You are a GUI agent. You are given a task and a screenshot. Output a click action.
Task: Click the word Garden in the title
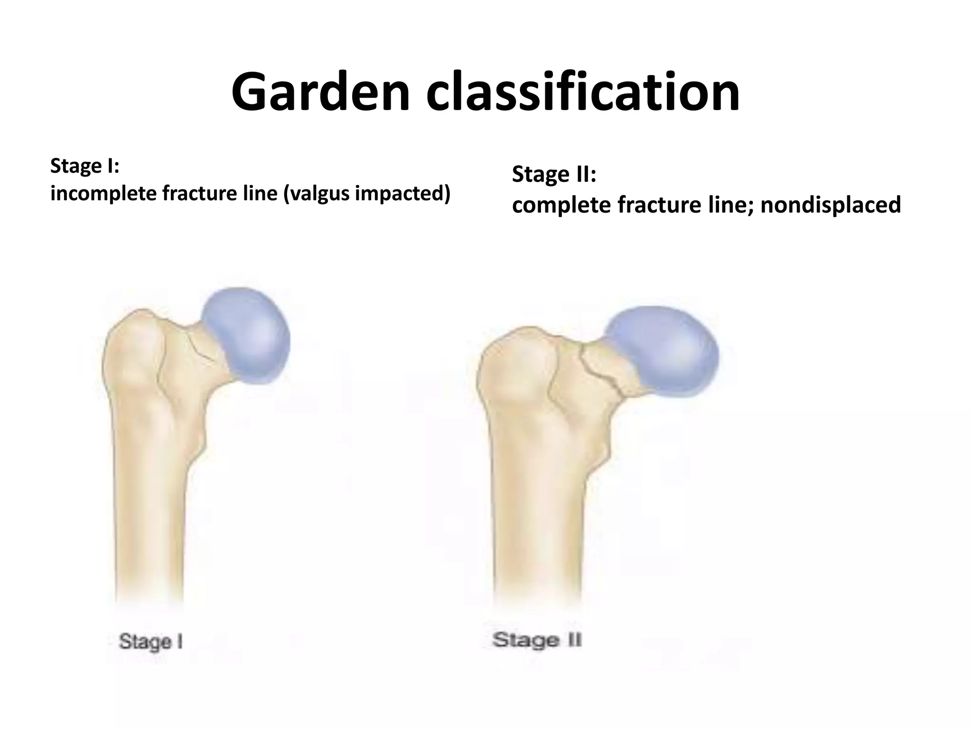pyautogui.click(x=320, y=93)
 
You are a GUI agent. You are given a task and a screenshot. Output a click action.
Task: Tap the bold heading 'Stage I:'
pyautogui.click(x=84, y=166)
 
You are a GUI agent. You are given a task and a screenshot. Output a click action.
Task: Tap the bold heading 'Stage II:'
pyautogui.click(x=554, y=175)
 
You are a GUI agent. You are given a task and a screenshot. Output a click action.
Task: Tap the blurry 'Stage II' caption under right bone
pyautogui.click(x=537, y=640)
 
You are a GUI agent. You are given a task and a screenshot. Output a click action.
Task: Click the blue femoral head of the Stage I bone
pyautogui.click(x=247, y=335)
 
